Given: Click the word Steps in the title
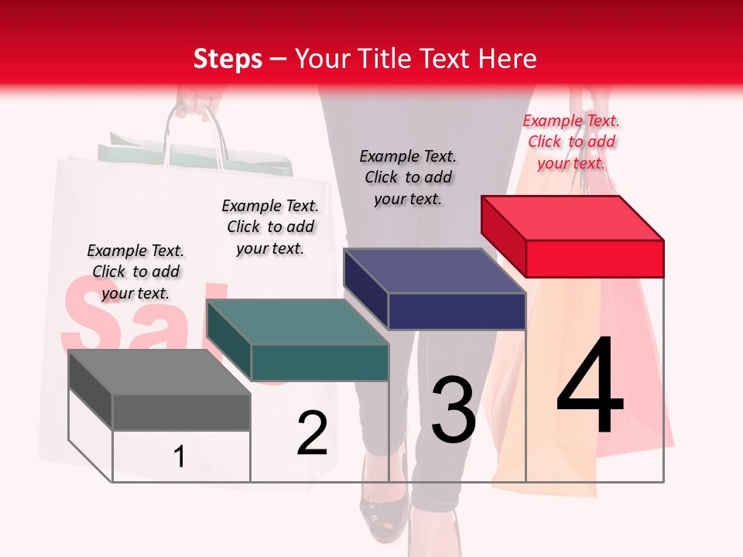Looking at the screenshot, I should tap(228, 59).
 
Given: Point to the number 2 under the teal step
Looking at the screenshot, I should tap(312, 433).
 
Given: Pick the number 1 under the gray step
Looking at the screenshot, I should tap(179, 457).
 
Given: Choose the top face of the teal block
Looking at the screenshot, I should tap(298, 322).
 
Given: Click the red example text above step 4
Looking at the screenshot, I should tap(571, 142).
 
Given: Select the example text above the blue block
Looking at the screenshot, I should tap(408, 177).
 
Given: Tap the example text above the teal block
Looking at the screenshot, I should tap(270, 227).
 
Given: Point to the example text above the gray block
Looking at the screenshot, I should tap(135, 272).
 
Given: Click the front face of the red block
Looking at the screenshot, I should tap(594, 258).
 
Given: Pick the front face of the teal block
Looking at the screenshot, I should tap(320, 362).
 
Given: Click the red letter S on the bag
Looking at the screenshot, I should tap(89, 313).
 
